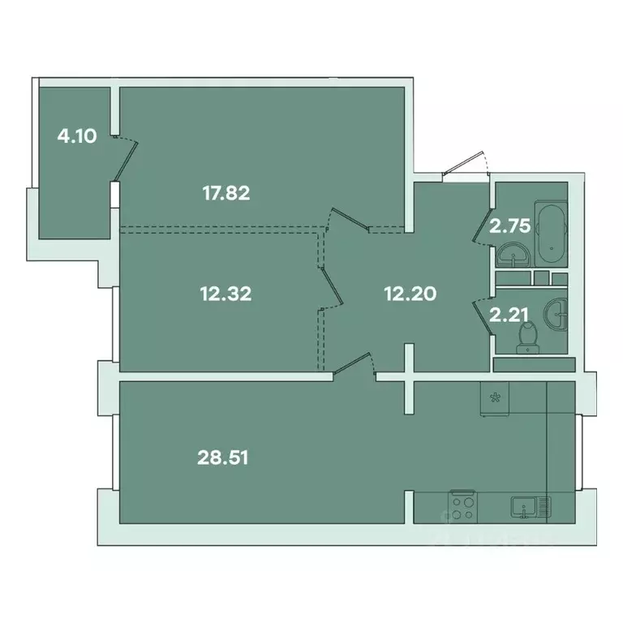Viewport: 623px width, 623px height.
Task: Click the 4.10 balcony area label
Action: tap(77, 136)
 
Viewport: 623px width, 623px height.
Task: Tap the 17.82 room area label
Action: tap(225, 193)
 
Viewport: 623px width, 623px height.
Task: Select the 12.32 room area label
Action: tap(225, 294)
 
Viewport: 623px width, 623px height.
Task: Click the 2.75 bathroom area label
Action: tap(509, 225)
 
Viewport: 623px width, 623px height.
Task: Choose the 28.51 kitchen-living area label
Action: tap(223, 458)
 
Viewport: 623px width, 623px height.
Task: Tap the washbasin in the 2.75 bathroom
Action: tap(513, 255)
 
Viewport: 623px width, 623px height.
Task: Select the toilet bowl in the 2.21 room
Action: tap(528, 335)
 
